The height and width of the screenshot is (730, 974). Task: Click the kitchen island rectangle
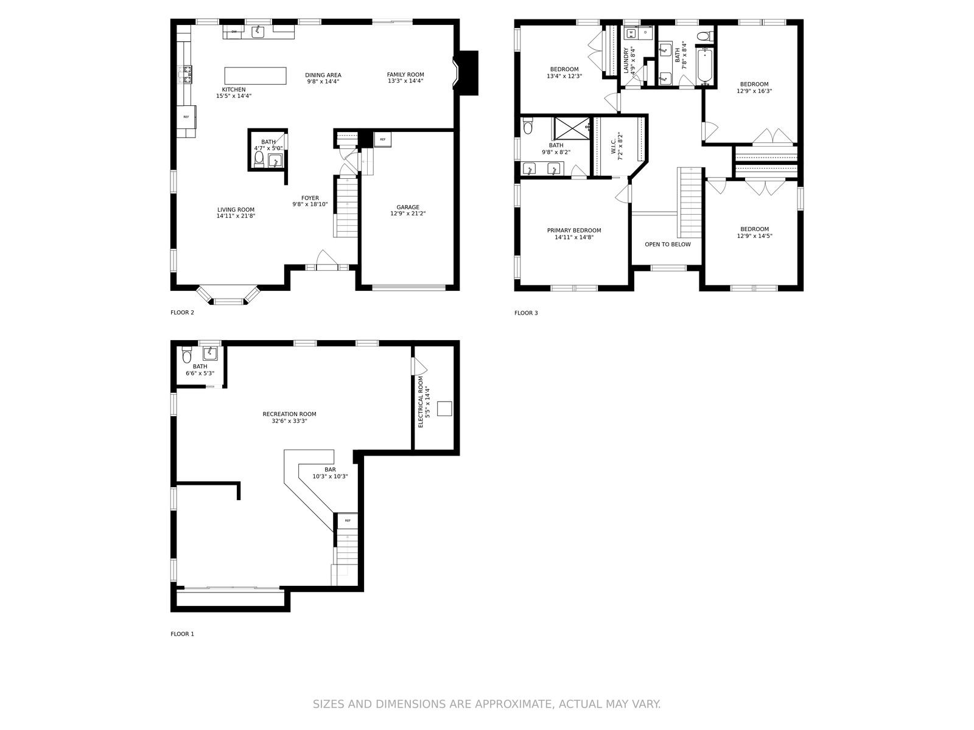(255, 75)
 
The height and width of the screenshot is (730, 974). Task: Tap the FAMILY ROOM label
(405, 74)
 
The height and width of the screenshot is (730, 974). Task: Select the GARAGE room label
(408, 207)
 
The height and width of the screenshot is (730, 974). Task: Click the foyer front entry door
(327, 260)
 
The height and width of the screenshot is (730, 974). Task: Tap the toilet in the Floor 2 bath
(259, 159)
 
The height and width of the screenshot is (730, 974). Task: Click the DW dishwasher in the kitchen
(234, 32)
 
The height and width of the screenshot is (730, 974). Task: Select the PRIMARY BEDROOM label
(574, 231)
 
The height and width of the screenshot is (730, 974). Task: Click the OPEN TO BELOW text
(667, 244)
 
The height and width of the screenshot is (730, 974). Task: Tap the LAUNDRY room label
(626, 60)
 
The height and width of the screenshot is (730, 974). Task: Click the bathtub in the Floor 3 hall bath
(705, 67)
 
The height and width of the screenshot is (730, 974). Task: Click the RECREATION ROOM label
(289, 414)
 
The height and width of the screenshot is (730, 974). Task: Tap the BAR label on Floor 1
(330, 470)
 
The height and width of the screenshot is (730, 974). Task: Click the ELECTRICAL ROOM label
(421, 402)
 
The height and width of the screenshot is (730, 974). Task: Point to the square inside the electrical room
(444, 409)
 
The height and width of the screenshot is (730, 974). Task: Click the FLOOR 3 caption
(526, 313)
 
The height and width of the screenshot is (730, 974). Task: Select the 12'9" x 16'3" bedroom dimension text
(754, 91)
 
